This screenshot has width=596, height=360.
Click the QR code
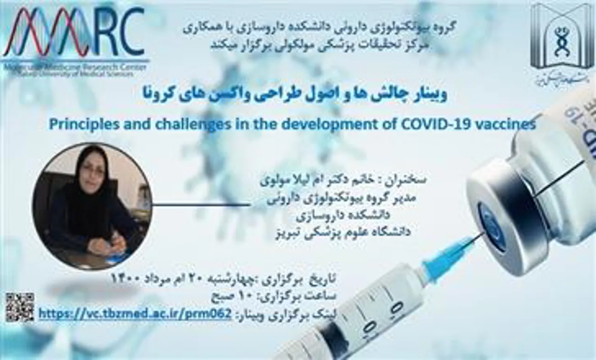point(20,307)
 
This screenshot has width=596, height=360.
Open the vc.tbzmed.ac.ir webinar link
point(135,314)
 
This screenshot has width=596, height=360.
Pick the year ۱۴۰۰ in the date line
point(127,278)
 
